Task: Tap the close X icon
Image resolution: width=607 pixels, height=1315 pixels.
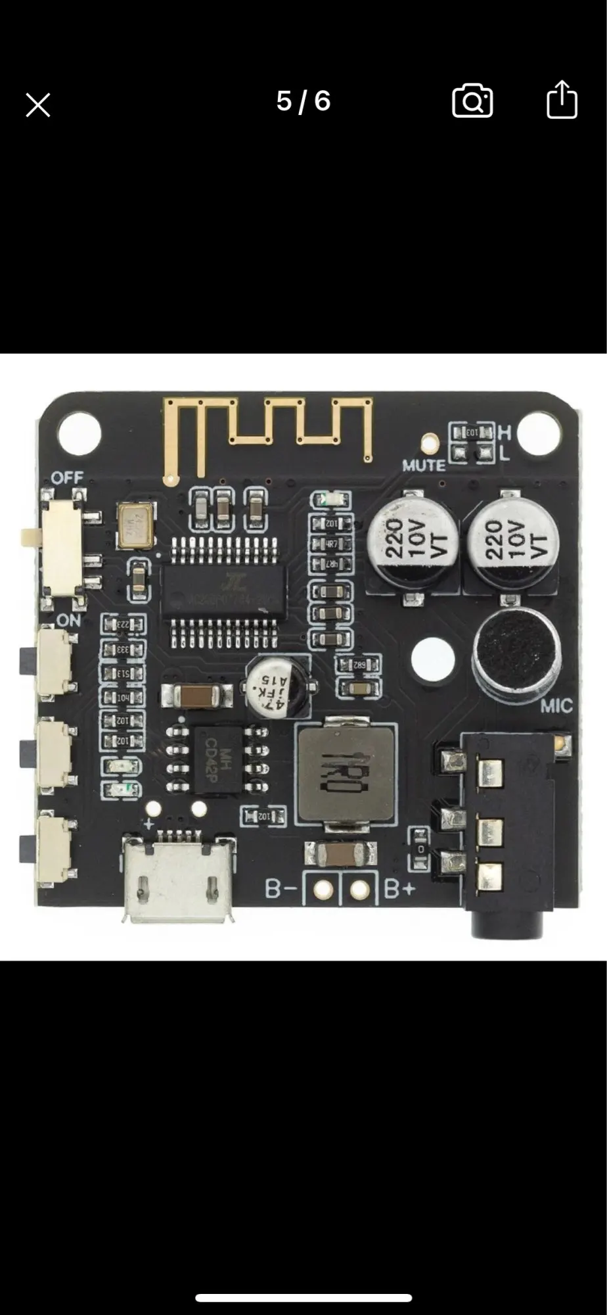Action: (38, 105)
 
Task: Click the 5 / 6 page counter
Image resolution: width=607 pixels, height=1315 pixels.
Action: (303, 101)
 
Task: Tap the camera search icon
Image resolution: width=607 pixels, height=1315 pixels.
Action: (472, 101)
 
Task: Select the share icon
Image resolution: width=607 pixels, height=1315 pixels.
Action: (562, 100)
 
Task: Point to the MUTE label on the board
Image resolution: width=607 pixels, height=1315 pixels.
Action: (424, 466)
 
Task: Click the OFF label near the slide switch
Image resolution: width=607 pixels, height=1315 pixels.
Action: (67, 478)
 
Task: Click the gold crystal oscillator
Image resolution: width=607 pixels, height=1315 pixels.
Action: (135, 525)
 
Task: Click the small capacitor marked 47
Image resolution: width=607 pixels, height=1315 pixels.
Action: (277, 686)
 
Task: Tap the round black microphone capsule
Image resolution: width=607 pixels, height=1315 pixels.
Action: (516, 656)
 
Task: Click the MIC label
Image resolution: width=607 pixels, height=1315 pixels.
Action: (556, 707)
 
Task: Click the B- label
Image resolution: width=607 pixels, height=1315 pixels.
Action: (282, 889)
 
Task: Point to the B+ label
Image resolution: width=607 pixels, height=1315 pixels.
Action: (399, 889)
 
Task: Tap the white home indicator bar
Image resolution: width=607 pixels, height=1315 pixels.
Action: (303, 1298)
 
